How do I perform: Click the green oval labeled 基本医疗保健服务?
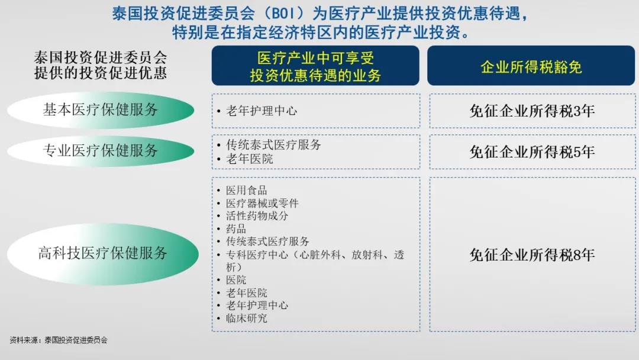[x=101, y=110]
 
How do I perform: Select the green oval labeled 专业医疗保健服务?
[x=101, y=151]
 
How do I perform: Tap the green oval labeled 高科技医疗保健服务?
[x=103, y=253]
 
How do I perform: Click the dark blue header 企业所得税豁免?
[x=531, y=66]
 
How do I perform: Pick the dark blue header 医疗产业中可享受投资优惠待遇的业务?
[x=315, y=66]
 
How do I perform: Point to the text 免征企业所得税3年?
[x=532, y=111]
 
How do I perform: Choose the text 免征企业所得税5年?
[x=532, y=152]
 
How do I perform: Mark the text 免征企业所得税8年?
[x=532, y=255]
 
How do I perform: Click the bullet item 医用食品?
[x=246, y=191]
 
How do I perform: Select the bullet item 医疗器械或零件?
[x=262, y=203]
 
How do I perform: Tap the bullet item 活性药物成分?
[x=257, y=216]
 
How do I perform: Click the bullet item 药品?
[x=235, y=229]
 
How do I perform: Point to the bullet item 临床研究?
[x=246, y=318]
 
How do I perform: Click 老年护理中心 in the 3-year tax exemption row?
[x=262, y=111]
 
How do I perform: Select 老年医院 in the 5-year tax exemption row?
[x=250, y=159]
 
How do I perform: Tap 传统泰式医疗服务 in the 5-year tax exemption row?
[x=273, y=144]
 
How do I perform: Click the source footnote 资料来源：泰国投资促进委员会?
[x=59, y=340]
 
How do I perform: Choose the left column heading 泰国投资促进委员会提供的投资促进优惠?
[x=100, y=65]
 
